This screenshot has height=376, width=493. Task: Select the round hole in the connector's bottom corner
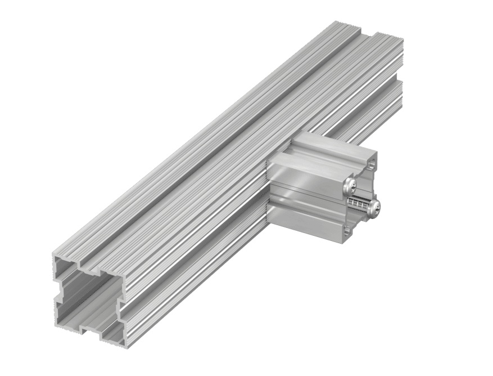(349, 229)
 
